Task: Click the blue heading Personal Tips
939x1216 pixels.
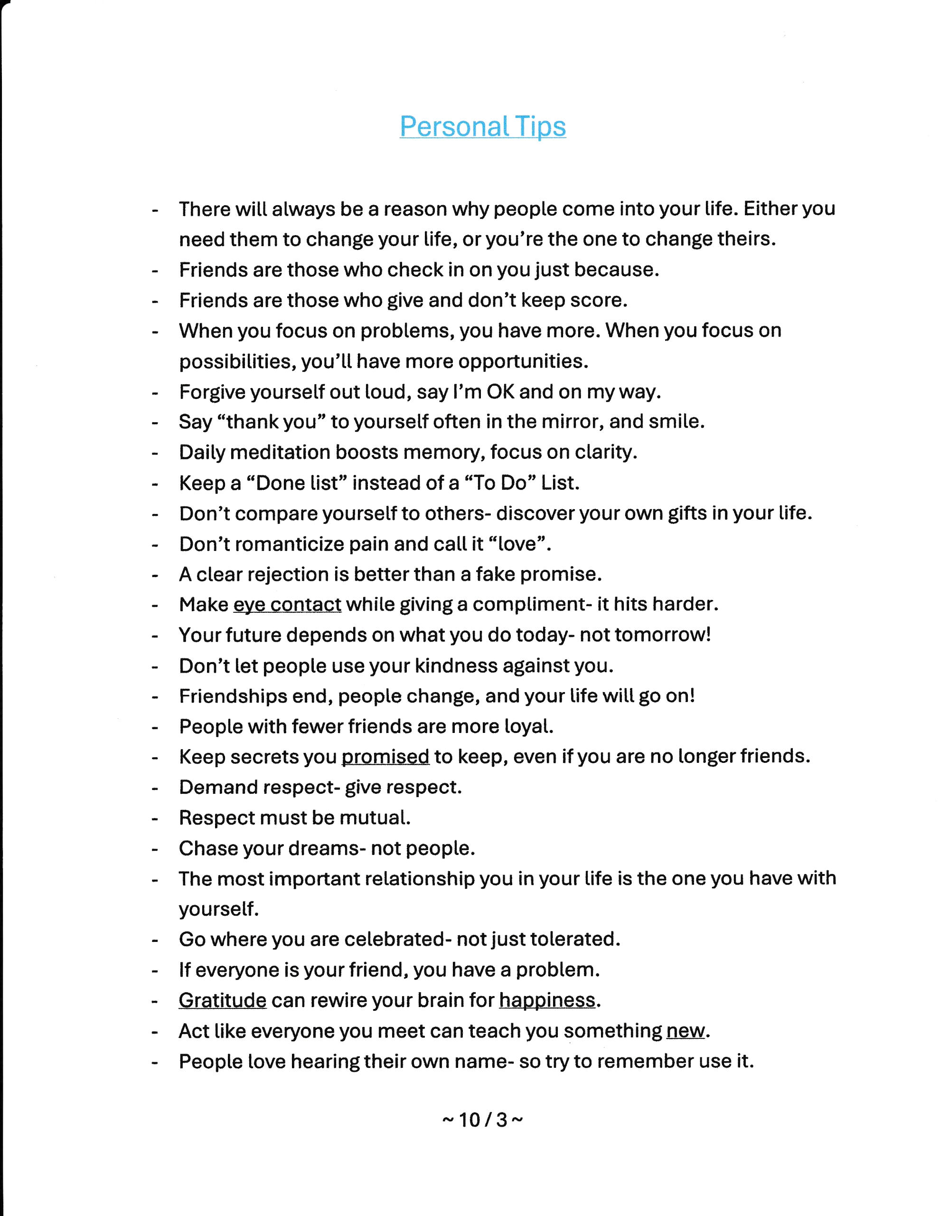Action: (483, 127)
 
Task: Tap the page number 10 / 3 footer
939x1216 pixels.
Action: (483, 1119)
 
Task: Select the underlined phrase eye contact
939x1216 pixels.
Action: (287, 604)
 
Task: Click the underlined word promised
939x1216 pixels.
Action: (385, 757)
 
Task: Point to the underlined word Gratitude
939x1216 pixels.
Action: (223, 1000)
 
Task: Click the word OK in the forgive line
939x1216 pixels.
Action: (500, 392)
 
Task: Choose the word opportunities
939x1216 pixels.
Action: (522, 361)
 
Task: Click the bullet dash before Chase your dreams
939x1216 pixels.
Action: (155, 849)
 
